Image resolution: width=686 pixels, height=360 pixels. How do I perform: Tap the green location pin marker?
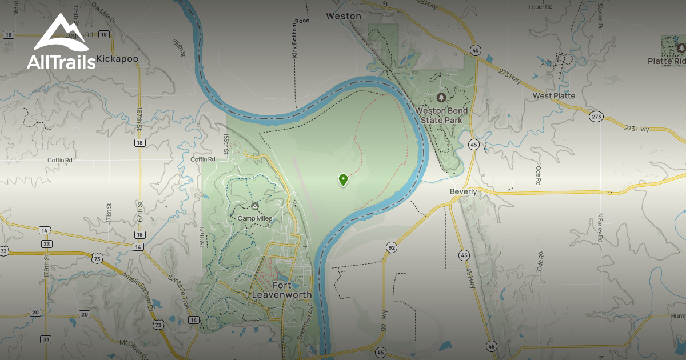(343, 180)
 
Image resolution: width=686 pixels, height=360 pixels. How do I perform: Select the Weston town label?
(344, 16)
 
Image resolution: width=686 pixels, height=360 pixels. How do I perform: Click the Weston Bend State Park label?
(441, 115)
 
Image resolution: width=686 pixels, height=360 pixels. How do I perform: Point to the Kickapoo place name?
(118, 58)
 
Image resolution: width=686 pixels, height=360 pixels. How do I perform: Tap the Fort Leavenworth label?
(282, 290)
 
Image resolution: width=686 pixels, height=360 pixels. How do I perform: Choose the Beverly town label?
(463, 192)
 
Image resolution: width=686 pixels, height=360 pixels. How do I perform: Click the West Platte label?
(553, 95)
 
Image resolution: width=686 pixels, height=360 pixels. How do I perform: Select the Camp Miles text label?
(254, 218)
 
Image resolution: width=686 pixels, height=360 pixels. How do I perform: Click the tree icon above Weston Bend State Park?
(441, 98)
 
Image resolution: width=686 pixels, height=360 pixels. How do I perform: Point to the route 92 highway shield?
(391, 247)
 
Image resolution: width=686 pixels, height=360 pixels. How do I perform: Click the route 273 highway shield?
(596, 117)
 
